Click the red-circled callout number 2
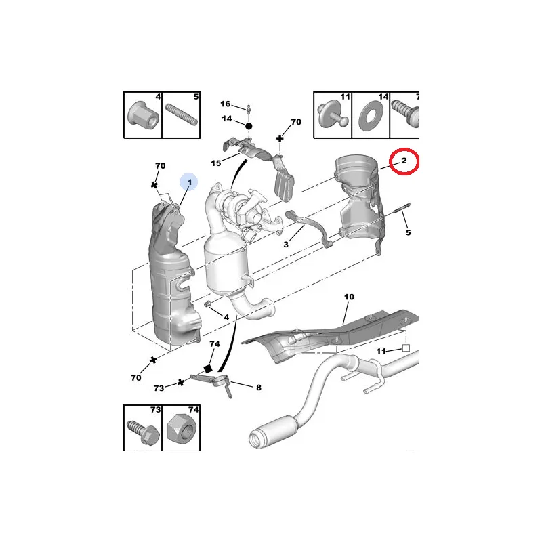pos(404,161)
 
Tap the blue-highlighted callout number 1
pos(190,182)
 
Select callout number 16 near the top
pos(226,104)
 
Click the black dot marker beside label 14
pos(249,126)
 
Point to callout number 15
pos(216,163)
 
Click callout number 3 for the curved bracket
pos(286,245)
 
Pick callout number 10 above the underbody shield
pos(349,297)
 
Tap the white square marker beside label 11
pos(406,348)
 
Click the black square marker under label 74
pos(208,369)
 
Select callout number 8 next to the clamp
pos(259,388)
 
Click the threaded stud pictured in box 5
pos(181,114)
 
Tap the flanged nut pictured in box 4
pos(143,115)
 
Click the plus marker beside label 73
pos(180,383)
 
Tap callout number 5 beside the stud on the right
pos(409,232)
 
